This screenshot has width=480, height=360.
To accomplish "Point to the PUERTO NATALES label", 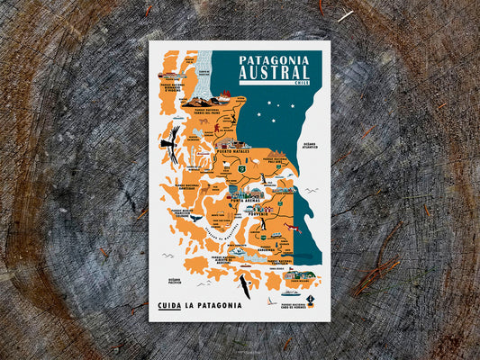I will [x=234, y=152].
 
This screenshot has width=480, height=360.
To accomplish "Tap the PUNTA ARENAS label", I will [x=240, y=203].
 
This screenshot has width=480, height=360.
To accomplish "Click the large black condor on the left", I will [x=169, y=142].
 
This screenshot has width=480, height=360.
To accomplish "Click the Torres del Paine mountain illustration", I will [x=200, y=98].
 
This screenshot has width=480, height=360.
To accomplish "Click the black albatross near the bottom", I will [x=243, y=287].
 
